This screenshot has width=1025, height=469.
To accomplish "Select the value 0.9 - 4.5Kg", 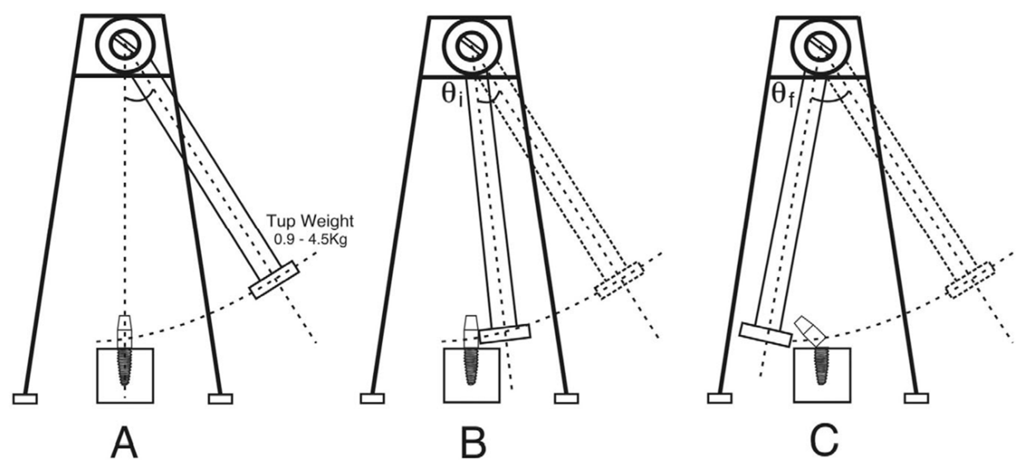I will point(310,239).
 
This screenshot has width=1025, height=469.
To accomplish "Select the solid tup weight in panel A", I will point(274,279).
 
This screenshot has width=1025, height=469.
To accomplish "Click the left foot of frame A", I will point(25,399).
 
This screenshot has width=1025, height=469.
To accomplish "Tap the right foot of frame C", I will point(916,398).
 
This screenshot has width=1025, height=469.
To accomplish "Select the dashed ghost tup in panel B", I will point(619,280).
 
